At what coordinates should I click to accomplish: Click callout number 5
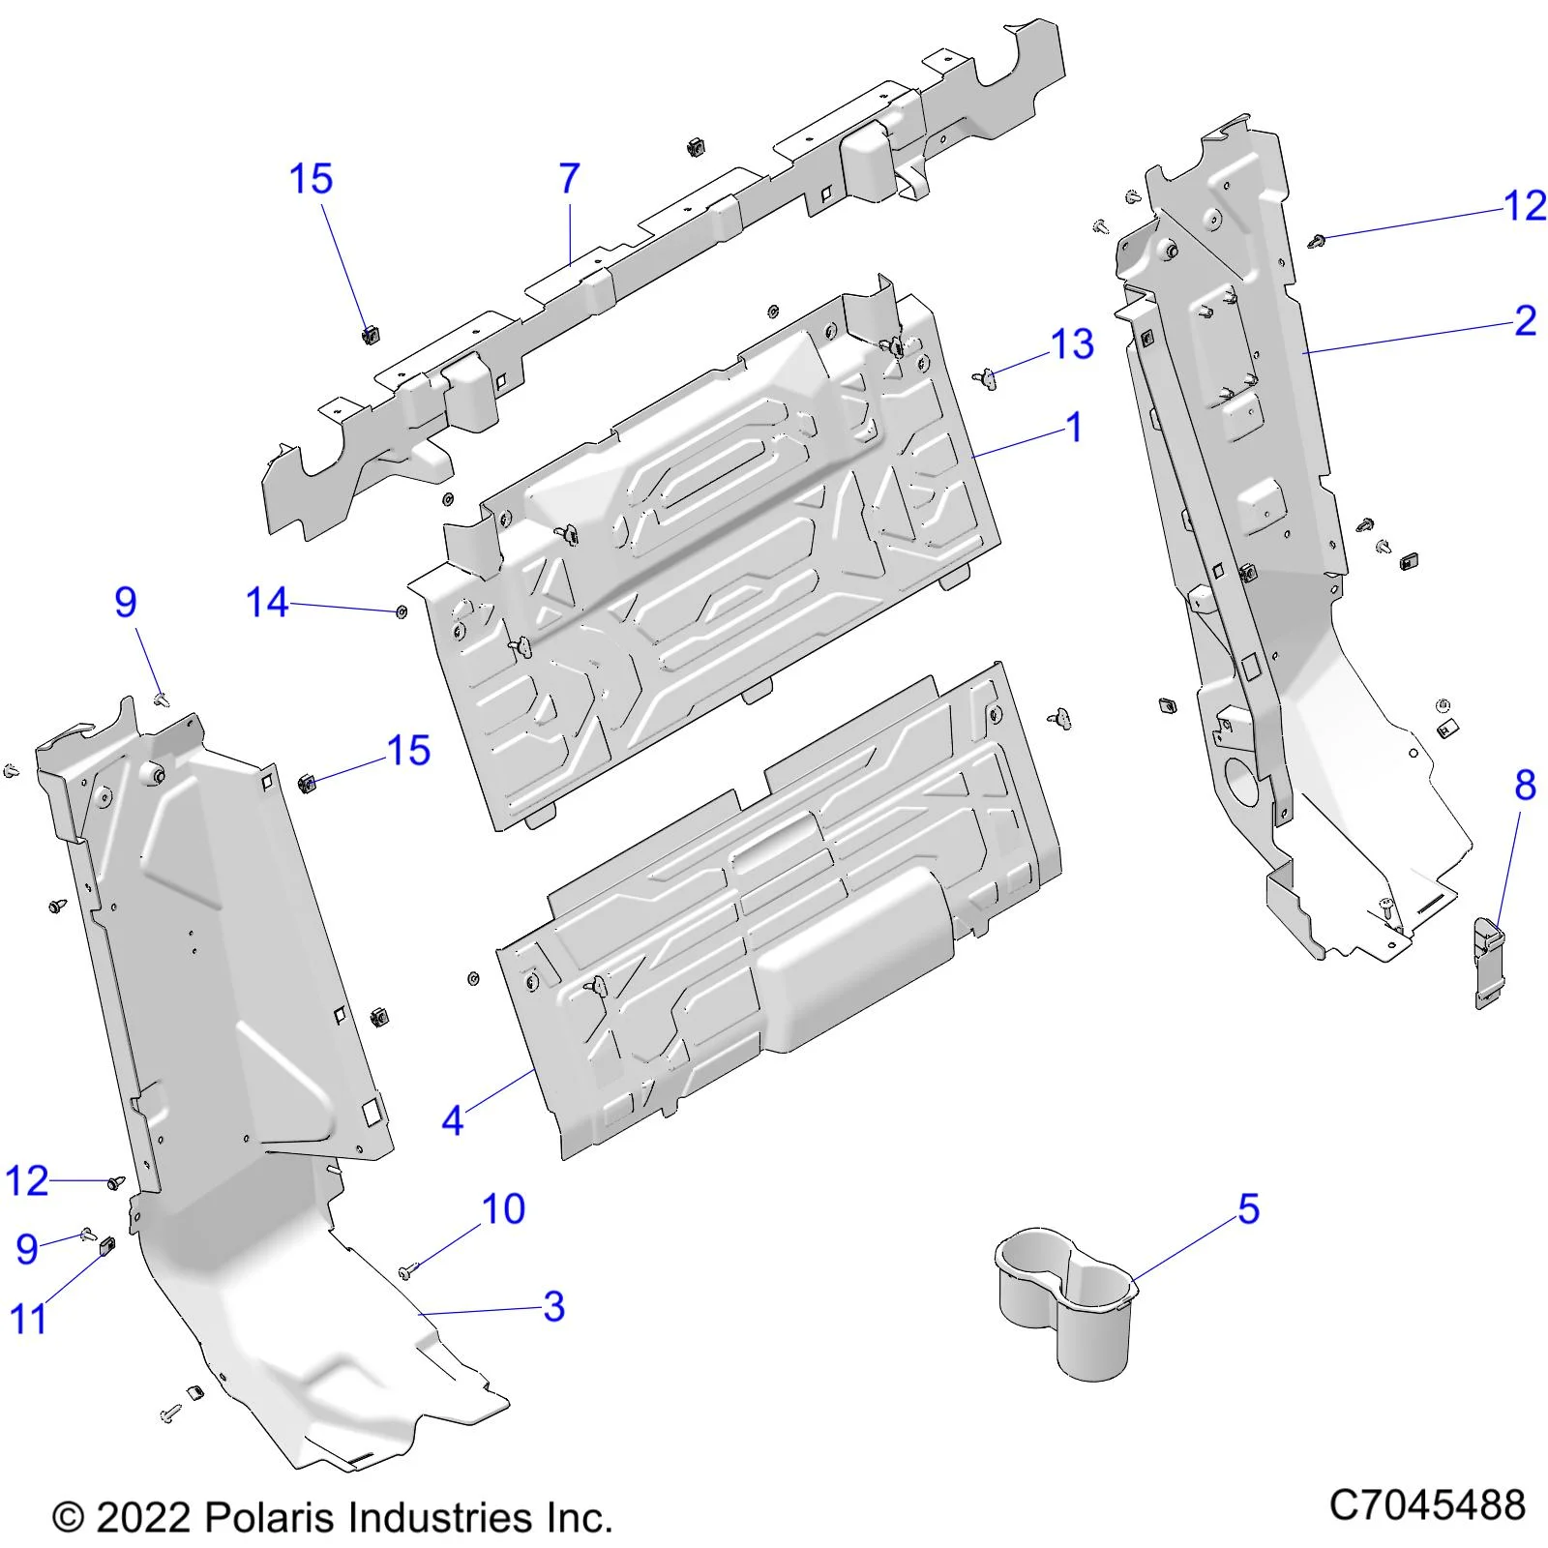[1249, 1210]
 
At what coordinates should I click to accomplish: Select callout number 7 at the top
[570, 179]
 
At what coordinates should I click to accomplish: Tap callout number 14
[267, 603]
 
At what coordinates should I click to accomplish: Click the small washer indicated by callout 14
[402, 611]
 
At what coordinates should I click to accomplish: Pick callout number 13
[1072, 344]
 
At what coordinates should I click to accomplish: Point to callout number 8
[1525, 785]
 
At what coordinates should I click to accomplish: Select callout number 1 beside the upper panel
[1074, 428]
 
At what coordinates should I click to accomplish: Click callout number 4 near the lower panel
[452, 1120]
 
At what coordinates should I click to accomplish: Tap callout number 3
[553, 1306]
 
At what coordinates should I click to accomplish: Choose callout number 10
[503, 1209]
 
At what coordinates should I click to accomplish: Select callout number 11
[27, 1319]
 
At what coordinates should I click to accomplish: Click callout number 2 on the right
[1525, 321]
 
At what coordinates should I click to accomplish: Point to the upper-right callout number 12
[1525, 206]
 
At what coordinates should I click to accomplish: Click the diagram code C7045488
[1427, 1505]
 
